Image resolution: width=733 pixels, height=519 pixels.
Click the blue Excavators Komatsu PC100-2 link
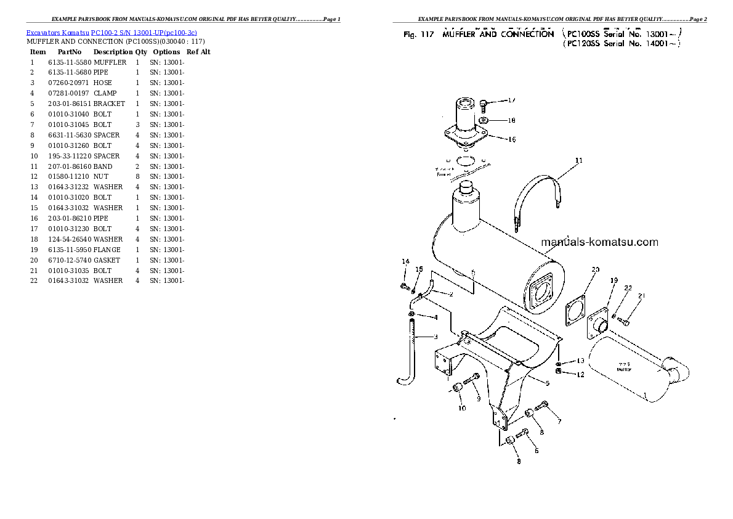(111, 32)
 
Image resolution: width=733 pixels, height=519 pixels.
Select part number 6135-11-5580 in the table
(70, 62)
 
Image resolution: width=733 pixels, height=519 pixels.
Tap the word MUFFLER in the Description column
(110, 62)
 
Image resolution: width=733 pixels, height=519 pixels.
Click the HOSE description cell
(103, 83)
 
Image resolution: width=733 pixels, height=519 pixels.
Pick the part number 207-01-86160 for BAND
(70, 166)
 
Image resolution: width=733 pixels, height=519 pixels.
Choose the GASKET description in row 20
(107, 260)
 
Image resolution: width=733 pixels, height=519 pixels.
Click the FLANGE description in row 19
(107, 250)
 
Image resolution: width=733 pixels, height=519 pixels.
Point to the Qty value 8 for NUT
(137, 177)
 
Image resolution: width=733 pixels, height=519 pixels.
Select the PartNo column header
(69, 52)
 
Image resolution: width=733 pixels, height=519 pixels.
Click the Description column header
(113, 52)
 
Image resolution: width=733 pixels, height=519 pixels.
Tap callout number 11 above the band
(578, 161)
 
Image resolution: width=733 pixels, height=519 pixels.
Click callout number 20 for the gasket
(595, 269)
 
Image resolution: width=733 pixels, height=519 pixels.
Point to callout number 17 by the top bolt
(511, 100)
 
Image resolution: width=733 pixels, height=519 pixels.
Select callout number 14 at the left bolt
(405, 263)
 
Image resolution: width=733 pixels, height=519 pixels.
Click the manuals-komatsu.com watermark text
(599, 242)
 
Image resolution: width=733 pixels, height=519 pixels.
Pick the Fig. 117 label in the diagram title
(418, 35)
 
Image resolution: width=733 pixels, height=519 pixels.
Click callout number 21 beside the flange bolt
(641, 296)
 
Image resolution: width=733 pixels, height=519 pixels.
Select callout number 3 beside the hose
(435, 337)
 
